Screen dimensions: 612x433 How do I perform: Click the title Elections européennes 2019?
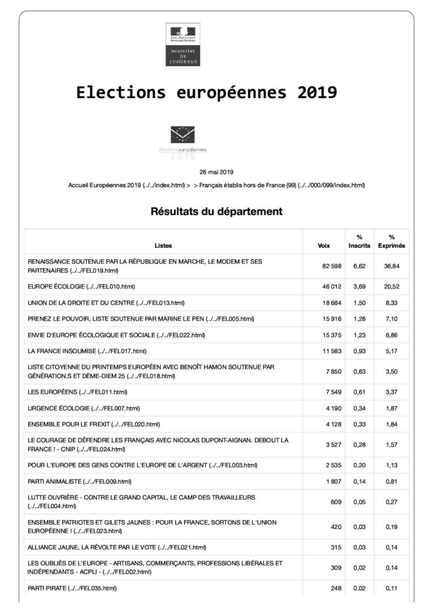pyautogui.click(x=206, y=93)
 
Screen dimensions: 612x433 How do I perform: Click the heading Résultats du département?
pyautogui.click(x=216, y=211)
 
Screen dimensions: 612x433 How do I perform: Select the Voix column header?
pyautogui.click(x=324, y=246)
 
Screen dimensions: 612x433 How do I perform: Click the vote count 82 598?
pyautogui.click(x=328, y=266)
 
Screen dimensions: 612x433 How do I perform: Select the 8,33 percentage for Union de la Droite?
pyautogui.click(x=392, y=303)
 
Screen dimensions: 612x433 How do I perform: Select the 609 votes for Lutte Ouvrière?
pyautogui.click(x=334, y=502)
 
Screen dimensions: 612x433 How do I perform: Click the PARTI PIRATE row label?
pyautogui.click(x=72, y=588)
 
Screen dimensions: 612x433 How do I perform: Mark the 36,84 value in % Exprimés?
pyautogui.click(x=392, y=266)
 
